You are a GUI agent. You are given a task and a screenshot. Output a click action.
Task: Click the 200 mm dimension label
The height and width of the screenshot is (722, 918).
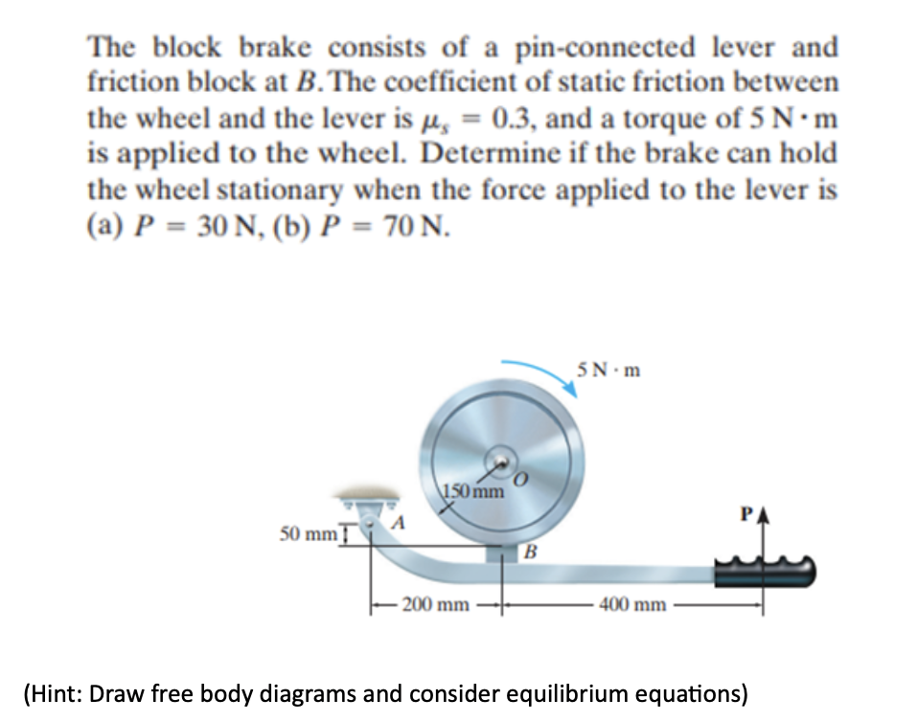[x=436, y=604]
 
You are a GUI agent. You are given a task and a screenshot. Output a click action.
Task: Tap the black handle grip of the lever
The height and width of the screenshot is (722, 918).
[x=767, y=573]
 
